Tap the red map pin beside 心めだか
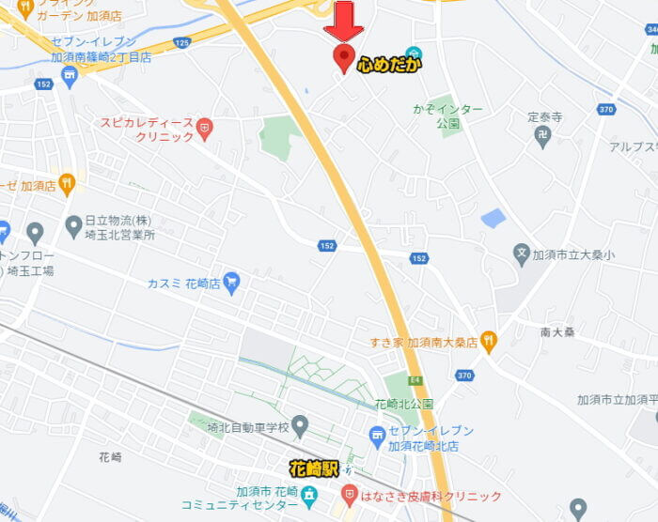coord(344,57)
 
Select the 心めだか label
coord(389,64)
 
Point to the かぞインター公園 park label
coord(447,116)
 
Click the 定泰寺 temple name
coord(544,117)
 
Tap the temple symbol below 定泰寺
coord(543,135)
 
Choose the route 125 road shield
coord(182,43)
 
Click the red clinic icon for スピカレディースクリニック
coord(205,125)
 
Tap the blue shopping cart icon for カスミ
coord(231,281)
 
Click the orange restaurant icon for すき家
coord(488,339)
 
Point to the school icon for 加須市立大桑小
coord(522,253)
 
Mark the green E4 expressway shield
coord(415,380)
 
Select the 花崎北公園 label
coord(404,404)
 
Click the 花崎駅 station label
coord(314,467)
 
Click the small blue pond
coord(493,219)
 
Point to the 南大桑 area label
coord(557,331)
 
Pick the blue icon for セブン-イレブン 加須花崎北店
coord(377,436)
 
